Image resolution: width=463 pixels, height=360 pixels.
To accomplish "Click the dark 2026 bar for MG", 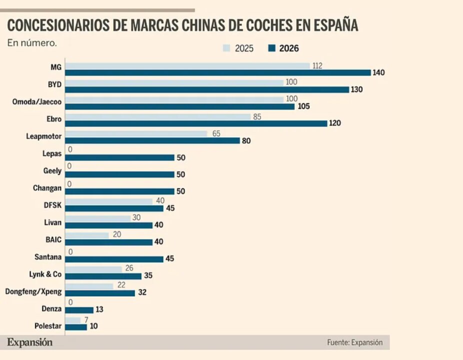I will [x=218, y=72].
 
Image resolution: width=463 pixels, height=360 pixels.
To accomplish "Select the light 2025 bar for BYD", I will [x=174, y=82].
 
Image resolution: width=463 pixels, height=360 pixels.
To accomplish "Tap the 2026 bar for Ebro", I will [x=196, y=123].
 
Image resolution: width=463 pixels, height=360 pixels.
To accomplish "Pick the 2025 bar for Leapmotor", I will [x=136, y=133].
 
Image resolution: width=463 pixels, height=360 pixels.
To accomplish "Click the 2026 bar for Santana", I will [x=114, y=259].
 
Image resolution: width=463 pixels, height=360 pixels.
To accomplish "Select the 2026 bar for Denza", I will [x=79, y=310].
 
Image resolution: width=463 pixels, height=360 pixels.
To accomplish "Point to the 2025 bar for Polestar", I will [x=73, y=320].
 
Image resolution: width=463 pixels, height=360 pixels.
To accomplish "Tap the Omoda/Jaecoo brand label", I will [x=36, y=101].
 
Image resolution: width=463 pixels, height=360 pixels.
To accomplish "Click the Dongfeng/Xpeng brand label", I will [x=33, y=291].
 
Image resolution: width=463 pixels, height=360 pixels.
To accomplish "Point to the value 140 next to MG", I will [x=378, y=72].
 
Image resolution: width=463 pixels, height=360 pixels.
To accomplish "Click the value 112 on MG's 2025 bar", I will [x=317, y=65].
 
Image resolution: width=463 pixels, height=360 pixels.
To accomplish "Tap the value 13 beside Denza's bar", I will [x=99, y=310].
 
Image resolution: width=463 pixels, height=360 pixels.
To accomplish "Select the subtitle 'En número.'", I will [x=31, y=42].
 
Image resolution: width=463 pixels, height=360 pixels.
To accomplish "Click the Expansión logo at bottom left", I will [x=29, y=342].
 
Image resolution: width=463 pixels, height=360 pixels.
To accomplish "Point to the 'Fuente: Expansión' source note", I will [x=354, y=342].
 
